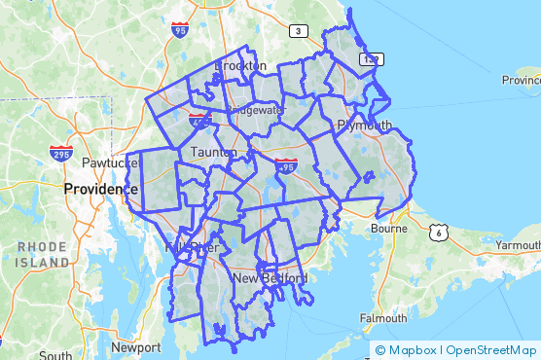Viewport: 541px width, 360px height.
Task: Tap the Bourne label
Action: pyautogui.click(x=388, y=229)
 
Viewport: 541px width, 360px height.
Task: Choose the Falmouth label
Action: pyautogui.click(x=383, y=318)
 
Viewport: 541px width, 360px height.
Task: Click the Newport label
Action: pyautogui.click(x=136, y=347)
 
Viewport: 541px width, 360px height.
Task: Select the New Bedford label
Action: pyautogui.click(x=270, y=278)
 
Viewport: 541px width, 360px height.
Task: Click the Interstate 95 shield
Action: pyautogui.click(x=179, y=31)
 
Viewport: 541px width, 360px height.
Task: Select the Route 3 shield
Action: pyautogui.click(x=298, y=31)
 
